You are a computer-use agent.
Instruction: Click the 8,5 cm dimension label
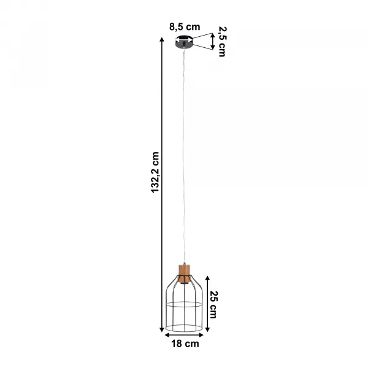pyautogui.click(x=185, y=27)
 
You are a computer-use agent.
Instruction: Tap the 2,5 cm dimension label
pyautogui.click(x=222, y=41)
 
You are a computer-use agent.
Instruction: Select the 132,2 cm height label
pyautogui.click(x=155, y=172)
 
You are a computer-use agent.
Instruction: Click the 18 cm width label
pyautogui.click(x=185, y=343)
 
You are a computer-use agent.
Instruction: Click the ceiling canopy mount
pyautogui.click(x=184, y=42)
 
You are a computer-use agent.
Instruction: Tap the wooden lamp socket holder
pyautogui.click(x=184, y=274)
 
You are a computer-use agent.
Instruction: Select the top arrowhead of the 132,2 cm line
pyautogui.click(x=162, y=39)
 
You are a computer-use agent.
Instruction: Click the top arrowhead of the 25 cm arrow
pyautogui.click(x=207, y=278)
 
